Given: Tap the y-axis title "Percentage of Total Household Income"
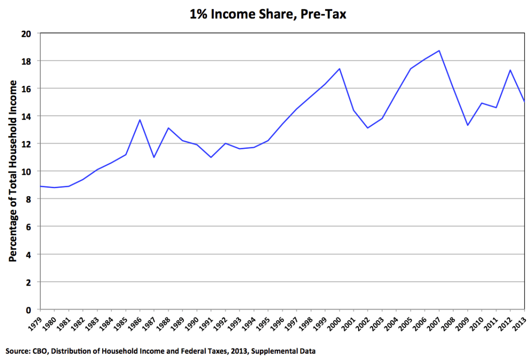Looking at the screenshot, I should click(x=13, y=171).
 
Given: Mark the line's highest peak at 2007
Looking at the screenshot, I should click(x=439, y=50).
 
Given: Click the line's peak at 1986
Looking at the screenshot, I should click(x=140, y=120).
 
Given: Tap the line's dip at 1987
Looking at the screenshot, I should click(x=154, y=157).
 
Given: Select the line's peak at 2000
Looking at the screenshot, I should click(x=339, y=69).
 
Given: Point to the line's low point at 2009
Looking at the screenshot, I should click(x=468, y=125).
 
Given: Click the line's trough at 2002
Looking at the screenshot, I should click(x=368, y=128).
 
